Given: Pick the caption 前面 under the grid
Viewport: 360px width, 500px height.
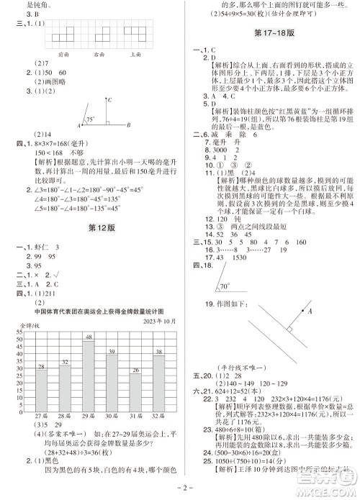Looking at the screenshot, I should pyautogui.click(x=62, y=53).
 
